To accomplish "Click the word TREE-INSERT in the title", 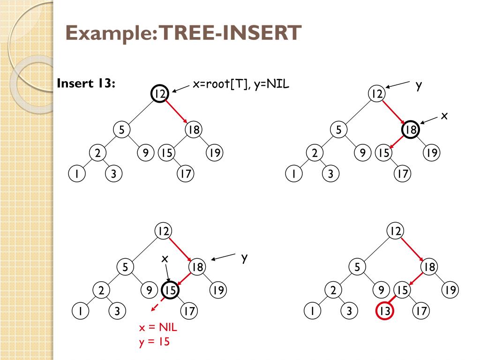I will coord(229,33).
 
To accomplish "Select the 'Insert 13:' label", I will coord(86,84).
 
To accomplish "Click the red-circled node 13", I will coord(384,311).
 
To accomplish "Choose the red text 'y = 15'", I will coord(153,342).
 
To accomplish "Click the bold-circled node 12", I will coord(159,94).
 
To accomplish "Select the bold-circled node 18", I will coord(411,130).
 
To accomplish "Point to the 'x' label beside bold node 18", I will coord(444,116).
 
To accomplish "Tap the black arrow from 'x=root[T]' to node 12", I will coord(181,89).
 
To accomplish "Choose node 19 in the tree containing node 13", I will coord(450,291).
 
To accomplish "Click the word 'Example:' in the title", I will coord(112,33).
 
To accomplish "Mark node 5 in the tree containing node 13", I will coord(357,267).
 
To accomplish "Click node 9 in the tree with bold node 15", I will coord(149,291).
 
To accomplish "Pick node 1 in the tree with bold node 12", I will coord(75,174).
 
